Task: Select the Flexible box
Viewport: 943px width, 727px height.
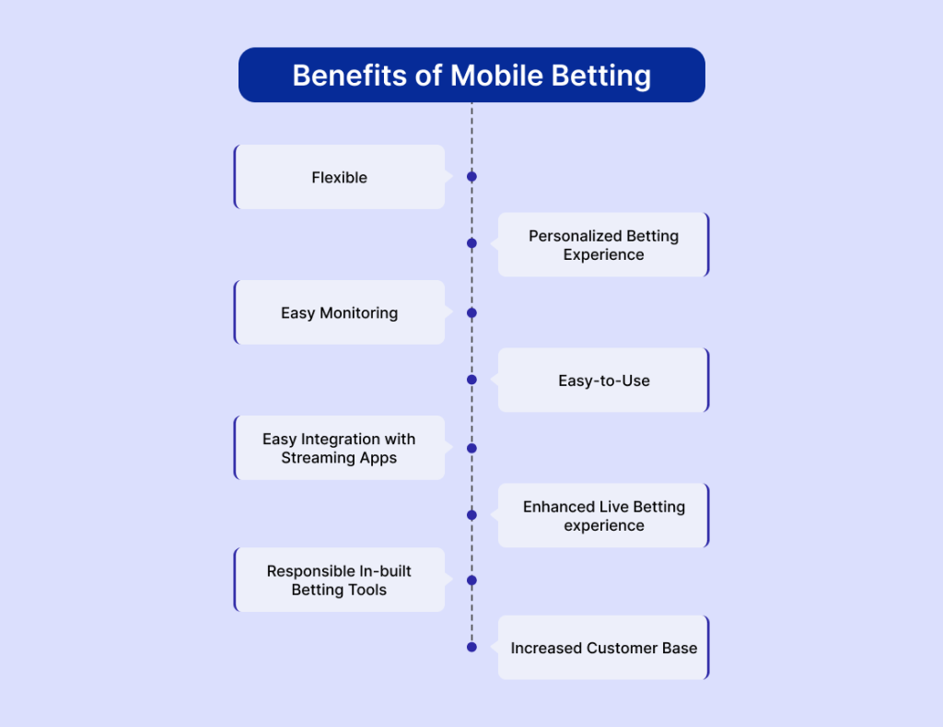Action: pyautogui.click(x=339, y=177)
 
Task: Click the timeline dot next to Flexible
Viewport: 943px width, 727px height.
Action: pyautogui.click(x=471, y=176)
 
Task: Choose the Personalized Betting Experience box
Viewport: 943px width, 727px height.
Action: pyautogui.click(x=604, y=244)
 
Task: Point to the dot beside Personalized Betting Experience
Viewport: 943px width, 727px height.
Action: pyautogui.click(x=471, y=243)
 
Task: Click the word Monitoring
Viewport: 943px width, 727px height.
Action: pyautogui.click(x=359, y=313)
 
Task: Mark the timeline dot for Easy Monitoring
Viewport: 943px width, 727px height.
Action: pyautogui.click(x=471, y=313)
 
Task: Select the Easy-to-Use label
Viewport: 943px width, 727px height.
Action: pyautogui.click(x=604, y=381)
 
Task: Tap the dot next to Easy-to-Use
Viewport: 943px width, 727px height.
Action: pyautogui.click(x=471, y=380)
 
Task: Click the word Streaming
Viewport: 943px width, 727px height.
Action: pyautogui.click(x=318, y=459)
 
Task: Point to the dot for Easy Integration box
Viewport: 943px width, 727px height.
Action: pyautogui.click(x=471, y=449)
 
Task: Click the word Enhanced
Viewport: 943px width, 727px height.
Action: pyautogui.click(x=559, y=507)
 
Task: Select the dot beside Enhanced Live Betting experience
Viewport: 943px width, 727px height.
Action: pyautogui.click(x=471, y=515)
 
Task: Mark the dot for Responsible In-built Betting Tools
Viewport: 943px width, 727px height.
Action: pyautogui.click(x=471, y=580)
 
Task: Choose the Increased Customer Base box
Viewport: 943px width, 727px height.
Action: pyautogui.click(x=604, y=648)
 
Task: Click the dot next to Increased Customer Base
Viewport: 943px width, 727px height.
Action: pyautogui.click(x=471, y=647)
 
